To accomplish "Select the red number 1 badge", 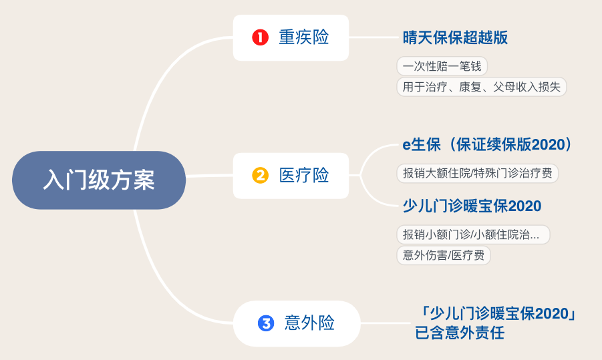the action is coord(260,37).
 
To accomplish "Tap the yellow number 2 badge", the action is coord(260,176).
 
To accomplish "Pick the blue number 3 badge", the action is coord(266,324).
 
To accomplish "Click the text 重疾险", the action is coord(304,37).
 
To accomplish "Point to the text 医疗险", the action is coord(304,176).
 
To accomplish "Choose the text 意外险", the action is coord(309,324).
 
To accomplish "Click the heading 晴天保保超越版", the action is coord(455,37).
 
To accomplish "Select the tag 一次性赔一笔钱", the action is coord(441,66).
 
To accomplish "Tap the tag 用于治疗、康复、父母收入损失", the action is coord(481,87).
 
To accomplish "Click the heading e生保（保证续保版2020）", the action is coord(486,144).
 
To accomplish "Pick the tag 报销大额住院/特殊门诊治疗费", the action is coord(477,173).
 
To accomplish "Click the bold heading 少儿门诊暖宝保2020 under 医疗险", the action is coord(472,206).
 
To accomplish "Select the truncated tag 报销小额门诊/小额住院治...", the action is coord(472,234).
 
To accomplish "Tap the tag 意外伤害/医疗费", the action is coord(443,255).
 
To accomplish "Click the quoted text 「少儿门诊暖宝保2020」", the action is coord(495,314).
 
